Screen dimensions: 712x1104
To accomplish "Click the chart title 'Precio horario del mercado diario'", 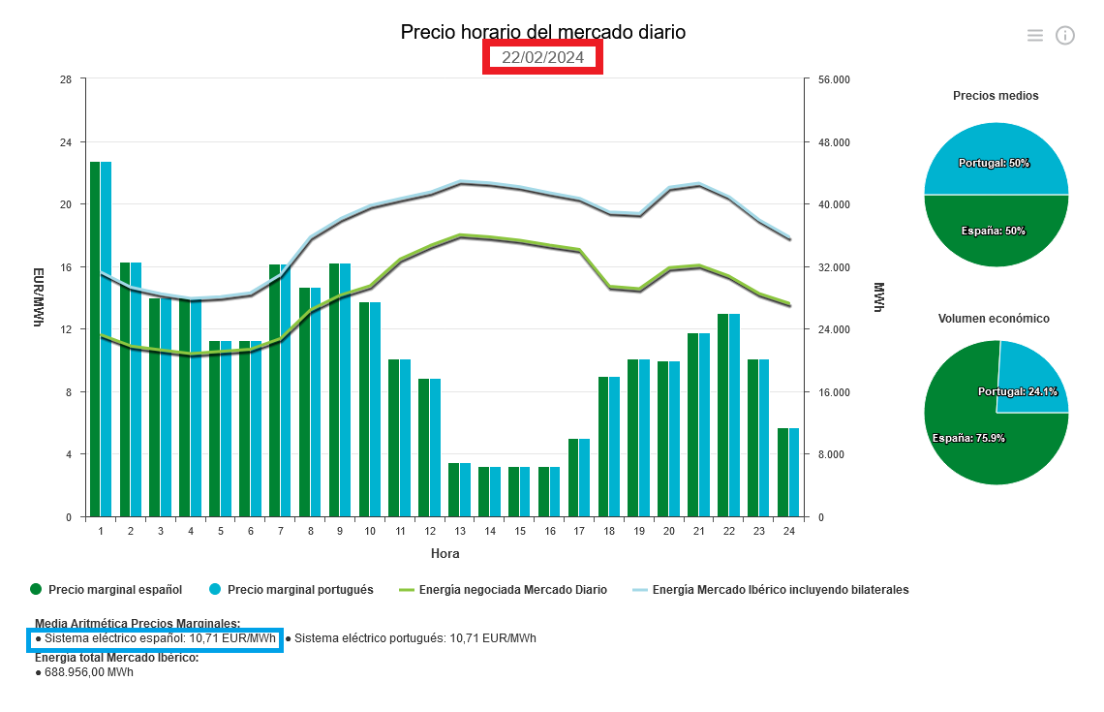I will [542, 32].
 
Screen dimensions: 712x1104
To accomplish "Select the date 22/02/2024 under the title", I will [542, 58].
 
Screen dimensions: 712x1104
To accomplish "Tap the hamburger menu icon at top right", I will [1035, 36].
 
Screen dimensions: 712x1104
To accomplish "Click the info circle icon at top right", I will [1065, 36].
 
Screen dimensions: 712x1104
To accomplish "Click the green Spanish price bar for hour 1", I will [95, 339].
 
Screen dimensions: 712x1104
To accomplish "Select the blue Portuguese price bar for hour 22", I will [734, 416].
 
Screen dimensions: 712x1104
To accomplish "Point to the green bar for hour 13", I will [453, 490].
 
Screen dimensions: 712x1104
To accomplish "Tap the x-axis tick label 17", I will [579, 532].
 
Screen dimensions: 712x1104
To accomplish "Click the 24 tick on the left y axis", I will [66, 142].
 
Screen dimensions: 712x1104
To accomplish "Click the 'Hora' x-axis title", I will [445, 554].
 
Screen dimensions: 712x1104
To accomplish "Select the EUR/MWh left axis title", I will [38, 297].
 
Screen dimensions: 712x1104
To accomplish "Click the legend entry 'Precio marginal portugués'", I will [300, 589].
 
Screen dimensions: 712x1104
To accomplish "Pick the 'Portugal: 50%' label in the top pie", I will [994, 163].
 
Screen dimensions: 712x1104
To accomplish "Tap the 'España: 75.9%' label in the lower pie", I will [968, 438].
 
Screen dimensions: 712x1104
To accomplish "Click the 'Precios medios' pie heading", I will [996, 96].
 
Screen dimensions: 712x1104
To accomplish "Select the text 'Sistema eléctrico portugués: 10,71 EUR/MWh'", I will [414, 638].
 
